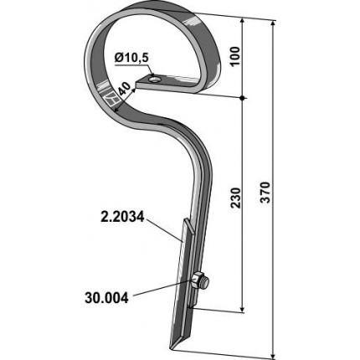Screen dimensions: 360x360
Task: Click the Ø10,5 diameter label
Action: tap(131, 59)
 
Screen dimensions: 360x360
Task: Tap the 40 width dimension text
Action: tap(124, 91)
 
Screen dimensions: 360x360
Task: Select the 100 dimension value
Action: tap(235, 56)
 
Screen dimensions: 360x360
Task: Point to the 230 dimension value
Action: tap(235, 198)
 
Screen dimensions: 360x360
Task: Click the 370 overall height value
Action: tap(265, 193)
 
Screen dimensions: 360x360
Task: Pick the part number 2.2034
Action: tap(122, 217)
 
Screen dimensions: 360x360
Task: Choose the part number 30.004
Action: tap(106, 298)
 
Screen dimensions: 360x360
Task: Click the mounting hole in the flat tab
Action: tap(153, 80)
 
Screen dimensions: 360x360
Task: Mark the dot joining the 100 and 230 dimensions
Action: tap(243, 98)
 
